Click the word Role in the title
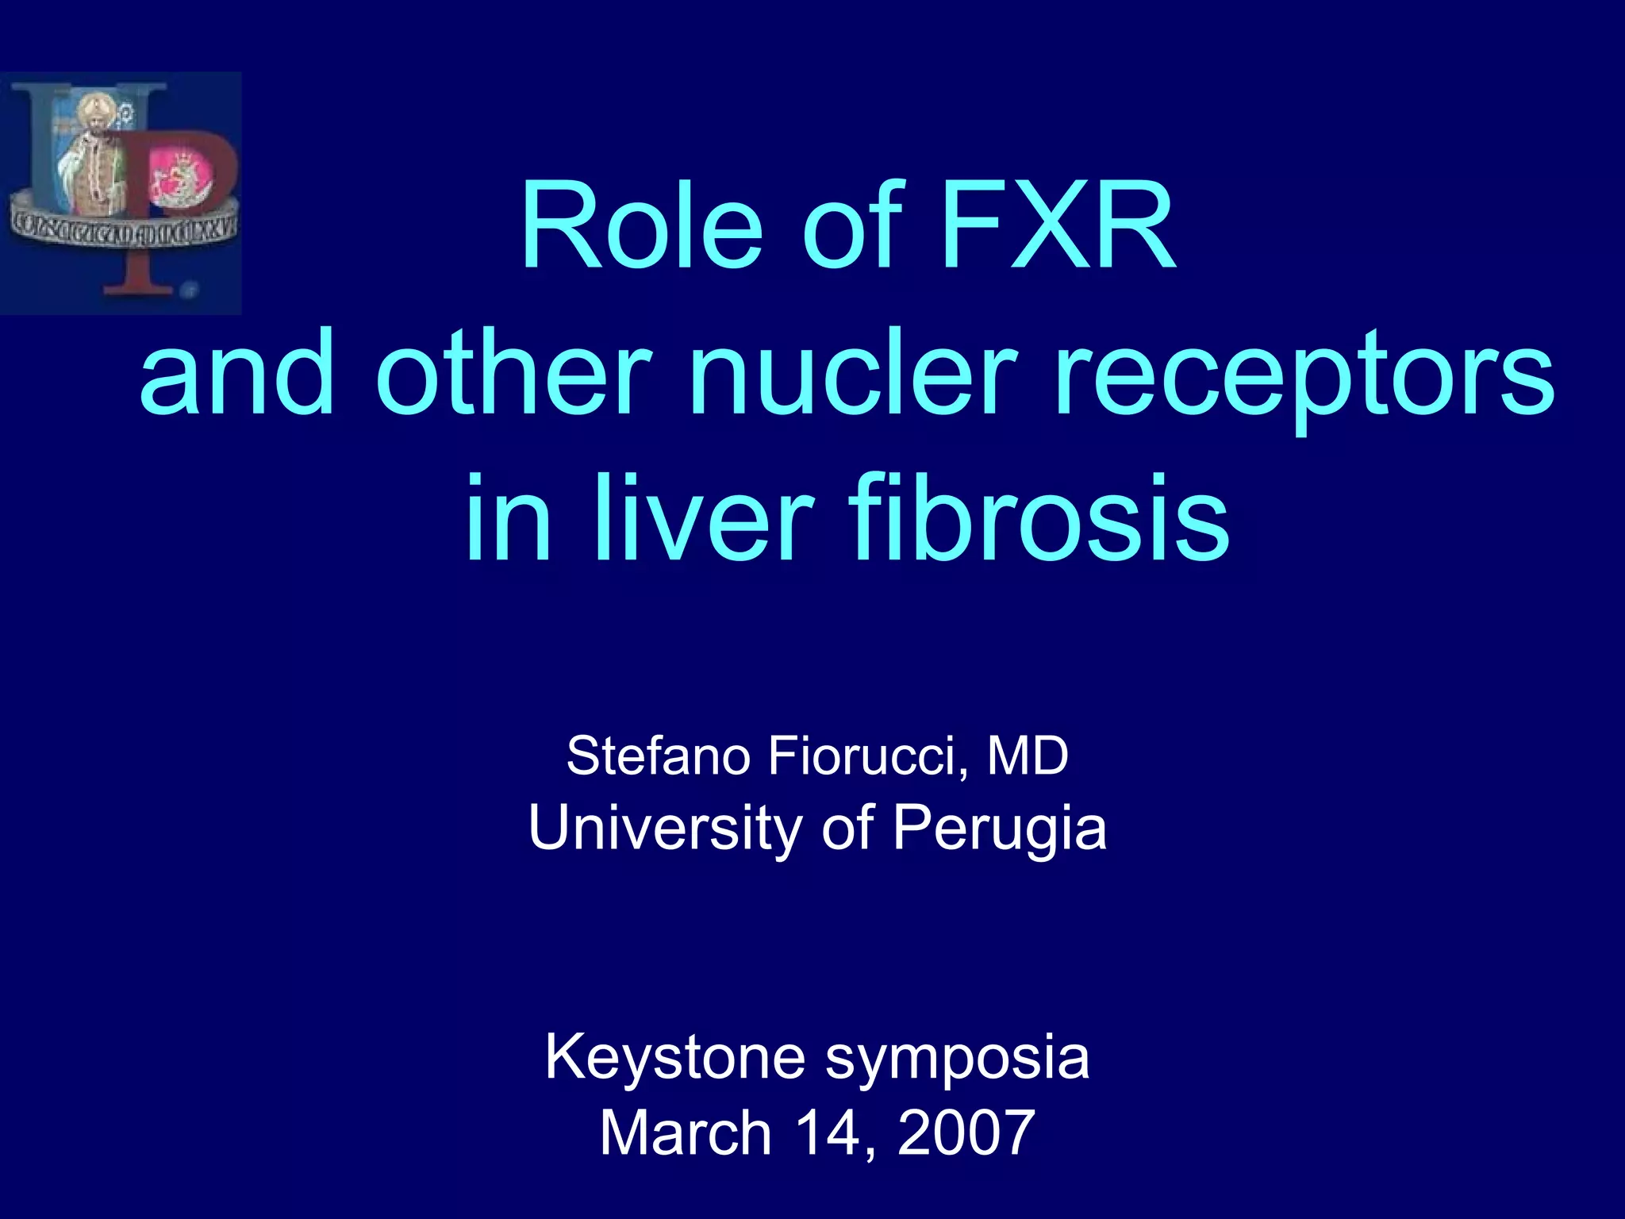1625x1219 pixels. click(x=641, y=228)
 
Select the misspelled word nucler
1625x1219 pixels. click(x=853, y=373)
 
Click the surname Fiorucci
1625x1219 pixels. click(x=869, y=757)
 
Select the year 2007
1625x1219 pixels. click(x=966, y=1132)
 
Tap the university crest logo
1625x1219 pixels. click(x=121, y=193)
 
